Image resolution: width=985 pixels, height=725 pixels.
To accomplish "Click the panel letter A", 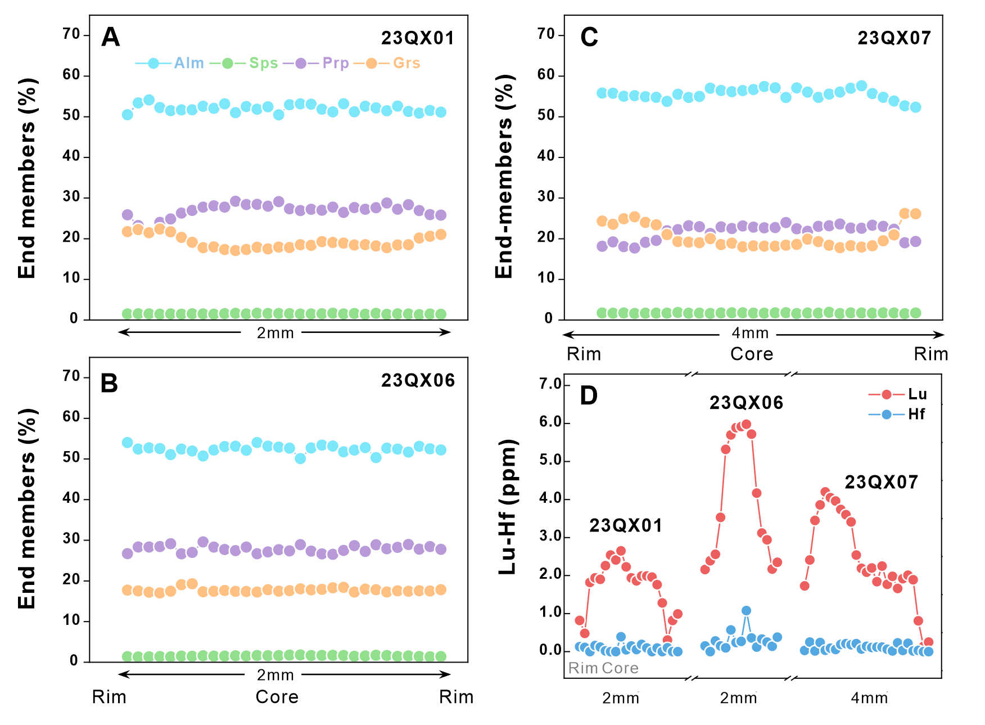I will pyautogui.click(x=111, y=38).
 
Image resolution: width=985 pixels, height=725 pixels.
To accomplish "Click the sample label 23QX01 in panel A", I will pyautogui.click(x=417, y=38).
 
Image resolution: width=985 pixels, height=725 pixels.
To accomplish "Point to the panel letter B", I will pyautogui.click(x=109, y=384).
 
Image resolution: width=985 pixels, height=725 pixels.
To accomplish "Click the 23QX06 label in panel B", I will pyautogui.click(x=418, y=381).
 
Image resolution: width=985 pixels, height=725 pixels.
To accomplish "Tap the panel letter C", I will pyautogui.click(x=589, y=38).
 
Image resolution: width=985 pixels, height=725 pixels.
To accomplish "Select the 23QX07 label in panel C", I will pyautogui.click(x=894, y=38).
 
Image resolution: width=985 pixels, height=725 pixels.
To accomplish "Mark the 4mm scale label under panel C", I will pyautogui.click(x=750, y=333).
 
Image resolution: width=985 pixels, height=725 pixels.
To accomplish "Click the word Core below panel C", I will pyautogui.click(x=752, y=354).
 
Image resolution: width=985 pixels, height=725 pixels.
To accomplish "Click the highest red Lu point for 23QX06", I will pyautogui.click(x=746, y=424).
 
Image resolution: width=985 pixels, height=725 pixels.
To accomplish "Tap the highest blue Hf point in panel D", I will pyautogui.click(x=746, y=610).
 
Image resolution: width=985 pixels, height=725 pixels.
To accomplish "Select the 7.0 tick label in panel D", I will pyautogui.click(x=550, y=385).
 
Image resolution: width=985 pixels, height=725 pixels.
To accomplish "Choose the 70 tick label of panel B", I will pyautogui.click(x=71, y=376).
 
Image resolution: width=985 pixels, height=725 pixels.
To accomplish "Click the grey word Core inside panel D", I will pyautogui.click(x=620, y=668).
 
